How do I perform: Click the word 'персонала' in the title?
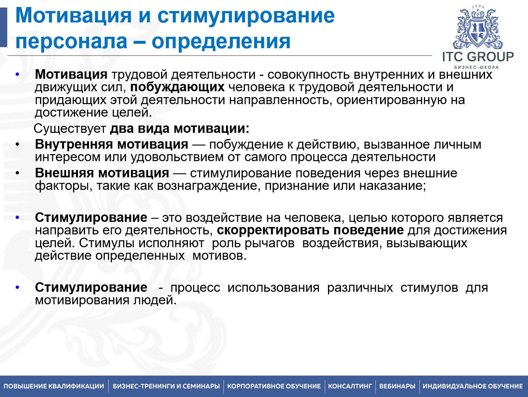pyautogui.click(x=71, y=41)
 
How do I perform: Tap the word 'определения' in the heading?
pyautogui.click(x=221, y=41)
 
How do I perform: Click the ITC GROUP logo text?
pyautogui.click(x=478, y=57)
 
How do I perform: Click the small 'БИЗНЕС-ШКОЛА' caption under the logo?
pyautogui.click(x=477, y=67)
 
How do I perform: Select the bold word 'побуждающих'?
pyautogui.click(x=177, y=87)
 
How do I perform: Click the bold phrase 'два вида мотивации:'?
pyautogui.click(x=180, y=129)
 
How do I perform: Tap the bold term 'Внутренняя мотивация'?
pyautogui.click(x=111, y=145)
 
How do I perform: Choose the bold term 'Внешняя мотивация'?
pyautogui.click(x=102, y=173)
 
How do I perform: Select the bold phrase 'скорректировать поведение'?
pyautogui.click(x=310, y=230)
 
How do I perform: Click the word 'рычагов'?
pyautogui.click(x=270, y=243)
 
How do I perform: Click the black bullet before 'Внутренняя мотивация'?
pyautogui.click(x=17, y=145)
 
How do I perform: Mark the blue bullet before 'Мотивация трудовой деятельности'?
pyautogui.click(x=17, y=75)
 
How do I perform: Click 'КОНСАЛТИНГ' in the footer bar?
pyautogui.click(x=350, y=386)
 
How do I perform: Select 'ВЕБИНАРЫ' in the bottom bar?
pyautogui.click(x=397, y=386)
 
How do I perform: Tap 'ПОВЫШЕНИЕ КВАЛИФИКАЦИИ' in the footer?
pyautogui.click(x=54, y=386)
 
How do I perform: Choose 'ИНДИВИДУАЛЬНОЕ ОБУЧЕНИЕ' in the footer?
pyautogui.click(x=472, y=386)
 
